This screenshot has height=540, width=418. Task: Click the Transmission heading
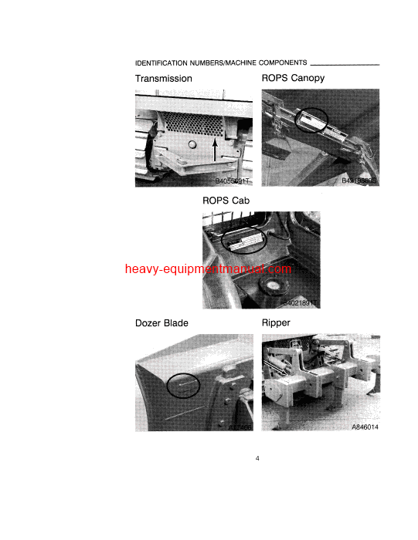[164, 79]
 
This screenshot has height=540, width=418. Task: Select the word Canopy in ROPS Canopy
[307, 79]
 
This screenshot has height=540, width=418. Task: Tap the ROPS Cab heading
[226, 201]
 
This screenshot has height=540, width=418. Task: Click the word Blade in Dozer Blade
[175, 323]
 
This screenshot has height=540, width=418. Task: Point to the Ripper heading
[276, 323]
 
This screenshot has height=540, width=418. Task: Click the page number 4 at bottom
[257, 460]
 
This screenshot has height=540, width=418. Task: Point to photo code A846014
[367, 426]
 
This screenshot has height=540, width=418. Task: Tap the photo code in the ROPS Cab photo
[299, 304]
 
